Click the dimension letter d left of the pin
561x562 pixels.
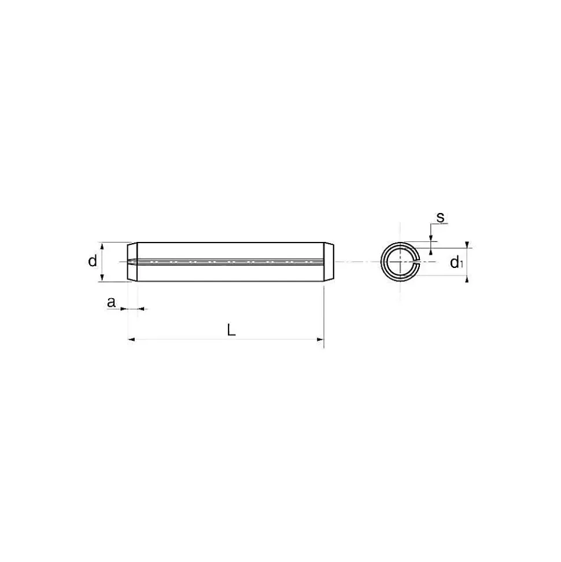93,260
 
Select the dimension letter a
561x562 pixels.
112,302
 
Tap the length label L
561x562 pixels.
231,330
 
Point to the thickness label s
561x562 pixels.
440,217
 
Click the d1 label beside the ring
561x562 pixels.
456,263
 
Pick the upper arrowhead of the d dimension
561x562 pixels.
102,246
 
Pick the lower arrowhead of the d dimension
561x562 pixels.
102,277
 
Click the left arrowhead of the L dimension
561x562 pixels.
131,339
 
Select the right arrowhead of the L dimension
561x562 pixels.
320,339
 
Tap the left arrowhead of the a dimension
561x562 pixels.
124,308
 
